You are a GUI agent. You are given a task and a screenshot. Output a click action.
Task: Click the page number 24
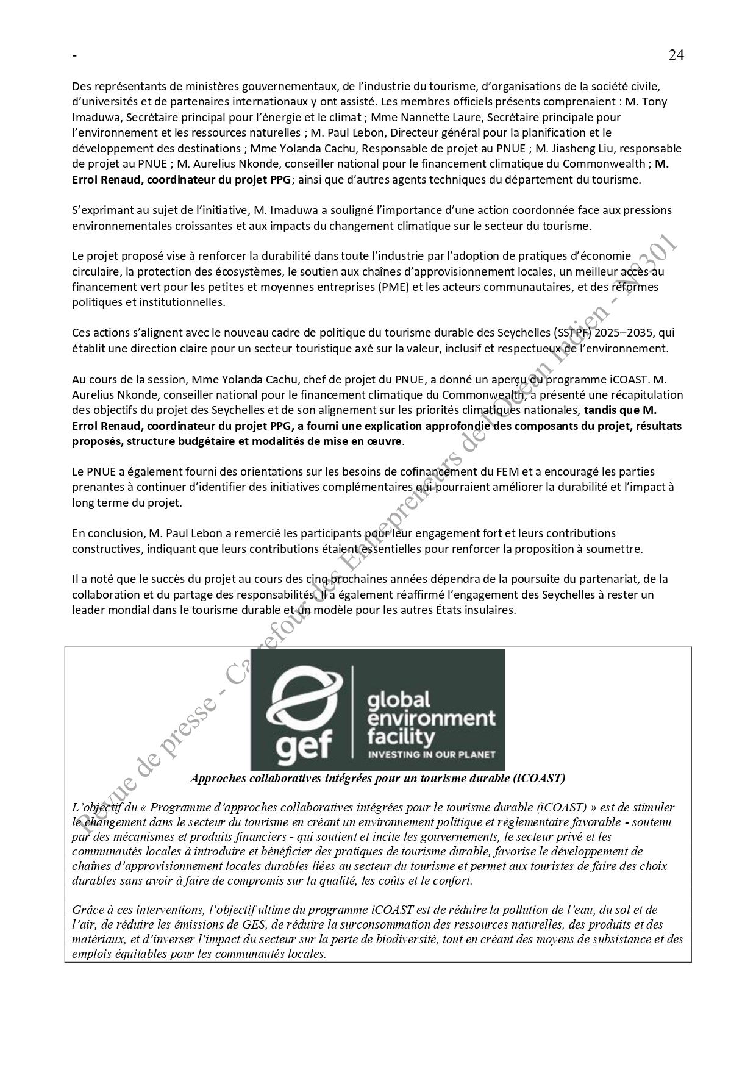(676, 55)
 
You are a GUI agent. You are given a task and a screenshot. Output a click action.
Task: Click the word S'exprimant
(101, 210)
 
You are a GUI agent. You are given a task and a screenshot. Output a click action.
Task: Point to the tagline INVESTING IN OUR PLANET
(435, 755)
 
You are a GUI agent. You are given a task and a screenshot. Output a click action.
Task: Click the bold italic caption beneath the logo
(377, 778)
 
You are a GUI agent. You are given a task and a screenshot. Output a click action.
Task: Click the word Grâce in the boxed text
(87, 910)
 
